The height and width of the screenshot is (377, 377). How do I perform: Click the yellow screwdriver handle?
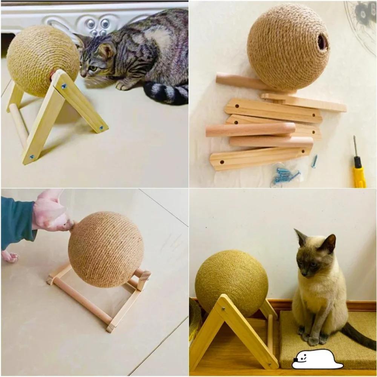click(359, 175)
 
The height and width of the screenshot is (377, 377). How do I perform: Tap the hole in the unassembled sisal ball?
click(322, 42)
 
